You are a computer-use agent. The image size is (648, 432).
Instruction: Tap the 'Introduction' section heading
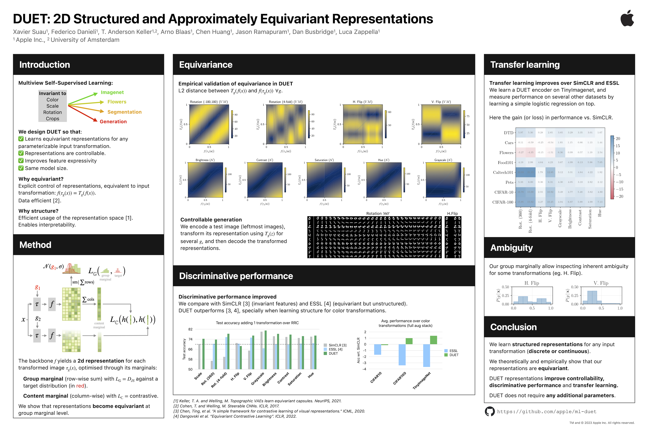(x=45, y=65)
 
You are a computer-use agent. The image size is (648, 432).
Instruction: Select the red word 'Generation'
(x=113, y=121)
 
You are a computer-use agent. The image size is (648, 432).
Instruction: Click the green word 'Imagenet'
(x=112, y=92)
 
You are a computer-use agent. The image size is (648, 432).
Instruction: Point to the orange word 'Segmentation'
(x=124, y=112)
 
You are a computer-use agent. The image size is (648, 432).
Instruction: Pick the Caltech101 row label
(x=503, y=172)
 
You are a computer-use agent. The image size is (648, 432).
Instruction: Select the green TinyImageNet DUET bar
(x=433, y=340)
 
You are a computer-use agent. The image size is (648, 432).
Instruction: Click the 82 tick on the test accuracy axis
(x=190, y=329)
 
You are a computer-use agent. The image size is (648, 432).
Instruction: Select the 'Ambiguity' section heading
(x=511, y=248)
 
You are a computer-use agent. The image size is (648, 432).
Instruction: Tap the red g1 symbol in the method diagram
(x=37, y=288)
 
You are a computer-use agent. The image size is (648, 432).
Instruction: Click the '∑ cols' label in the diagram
(x=88, y=299)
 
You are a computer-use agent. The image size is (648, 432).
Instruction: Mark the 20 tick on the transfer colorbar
(x=618, y=139)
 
